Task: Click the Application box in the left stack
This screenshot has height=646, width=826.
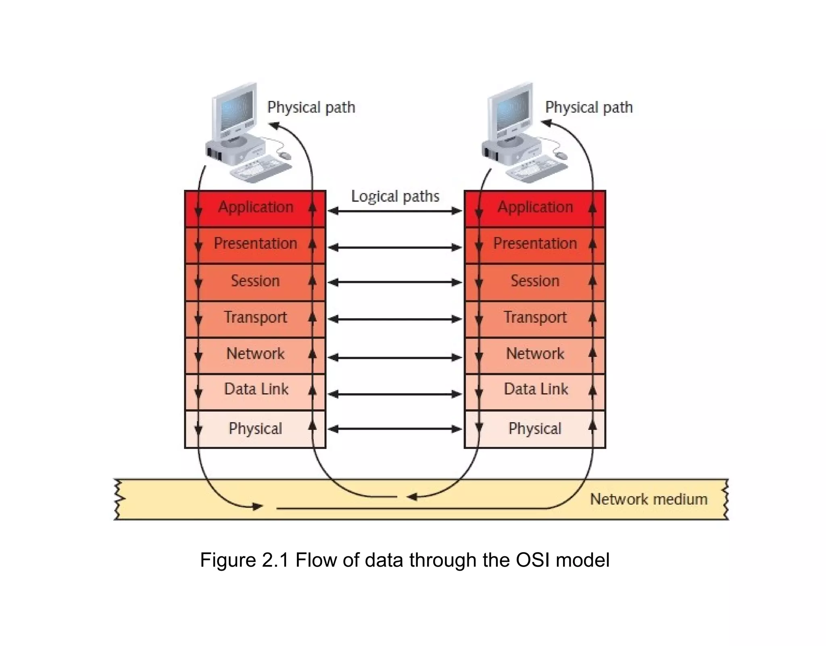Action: pyautogui.click(x=255, y=208)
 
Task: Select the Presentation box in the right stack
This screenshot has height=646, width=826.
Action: pyautogui.click(x=535, y=244)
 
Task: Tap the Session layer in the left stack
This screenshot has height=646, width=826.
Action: pyautogui.click(x=255, y=281)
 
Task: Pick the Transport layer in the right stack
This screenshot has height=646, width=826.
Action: pyautogui.click(x=535, y=318)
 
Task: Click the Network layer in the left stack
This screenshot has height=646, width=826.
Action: pyautogui.click(x=255, y=354)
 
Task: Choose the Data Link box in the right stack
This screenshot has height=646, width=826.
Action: pyautogui.click(x=536, y=390)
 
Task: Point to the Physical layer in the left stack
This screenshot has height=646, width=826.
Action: pyautogui.click(x=255, y=428)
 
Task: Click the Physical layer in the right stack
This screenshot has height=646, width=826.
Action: pyautogui.click(x=535, y=428)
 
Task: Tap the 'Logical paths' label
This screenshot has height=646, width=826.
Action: pyautogui.click(x=395, y=196)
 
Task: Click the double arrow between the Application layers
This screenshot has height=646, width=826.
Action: pyautogui.click(x=395, y=211)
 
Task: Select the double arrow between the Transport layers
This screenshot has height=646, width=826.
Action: pyautogui.click(x=395, y=319)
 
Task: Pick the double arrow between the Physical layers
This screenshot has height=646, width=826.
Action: pyautogui.click(x=395, y=429)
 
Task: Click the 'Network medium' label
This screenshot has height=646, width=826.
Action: pyautogui.click(x=648, y=499)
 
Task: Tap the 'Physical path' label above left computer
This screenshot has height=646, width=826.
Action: pyautogui.click(x=311, y=108)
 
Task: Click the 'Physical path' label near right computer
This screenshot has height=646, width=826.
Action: pyautogui.click(x=588, y=108)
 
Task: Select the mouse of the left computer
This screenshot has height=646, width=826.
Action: pyautogui.click(x=285, y=156)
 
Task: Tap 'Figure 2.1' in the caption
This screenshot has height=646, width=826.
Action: pyautogui.click(x=244, y=560)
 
